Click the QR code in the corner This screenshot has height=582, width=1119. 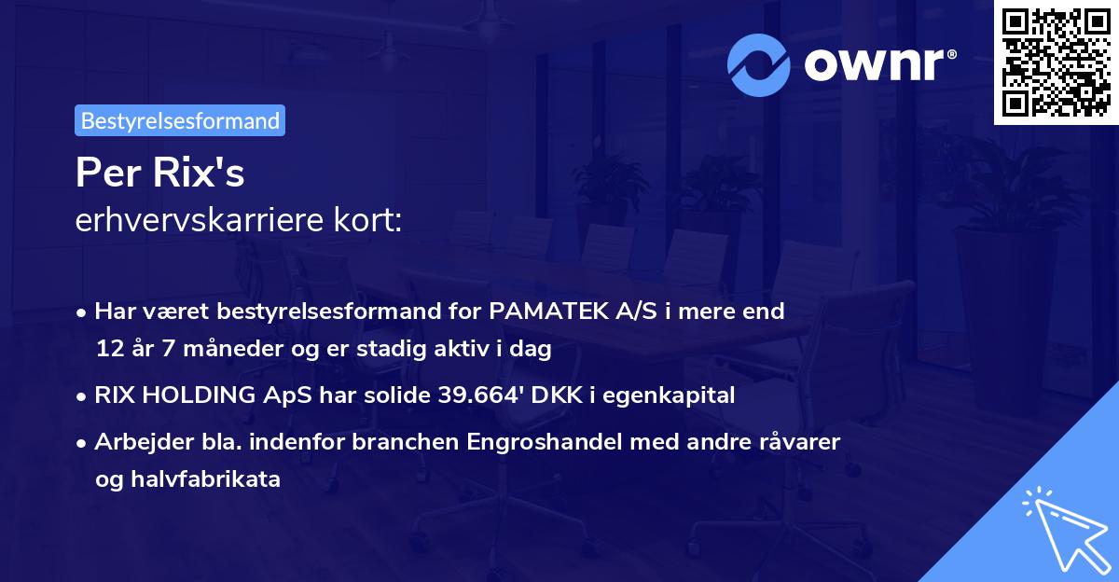1057,62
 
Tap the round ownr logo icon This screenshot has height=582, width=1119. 760,65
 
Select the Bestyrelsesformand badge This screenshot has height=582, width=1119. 180,120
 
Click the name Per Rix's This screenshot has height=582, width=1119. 159,172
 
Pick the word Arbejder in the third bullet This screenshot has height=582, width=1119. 136,441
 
